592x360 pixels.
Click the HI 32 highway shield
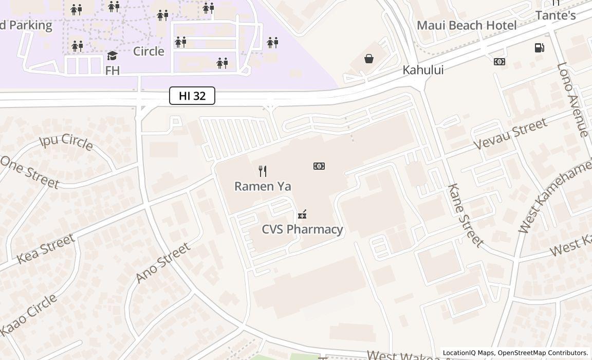click(x=192, y=96)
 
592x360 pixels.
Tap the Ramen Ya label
click(x=263, y=186)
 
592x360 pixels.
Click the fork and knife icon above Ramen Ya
click(x=263, y=171)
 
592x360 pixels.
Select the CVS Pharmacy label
click(x=302, y=229)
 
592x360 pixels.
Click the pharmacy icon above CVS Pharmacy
click(x=302, y=214)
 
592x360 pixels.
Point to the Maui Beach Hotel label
click(x=466, y=25)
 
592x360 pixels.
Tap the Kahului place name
click(x=423, y=70)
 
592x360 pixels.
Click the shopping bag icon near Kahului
click(x=369, y=59)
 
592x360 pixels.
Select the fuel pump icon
click(x=539, y=48)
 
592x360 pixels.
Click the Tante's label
click(x=555, y=15)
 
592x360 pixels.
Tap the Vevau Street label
click(x=510, y=134)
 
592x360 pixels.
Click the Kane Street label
click(x=466, y=214)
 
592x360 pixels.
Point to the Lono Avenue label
click(x=572, y=100)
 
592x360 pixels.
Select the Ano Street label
click(x=163, y=262)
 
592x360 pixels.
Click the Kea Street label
click(x=46, y=249)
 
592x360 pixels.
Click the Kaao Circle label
click(x=29, y=314)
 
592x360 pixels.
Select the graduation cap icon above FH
click(x=112, y=56)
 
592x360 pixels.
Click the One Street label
click(x=29, y=172)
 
